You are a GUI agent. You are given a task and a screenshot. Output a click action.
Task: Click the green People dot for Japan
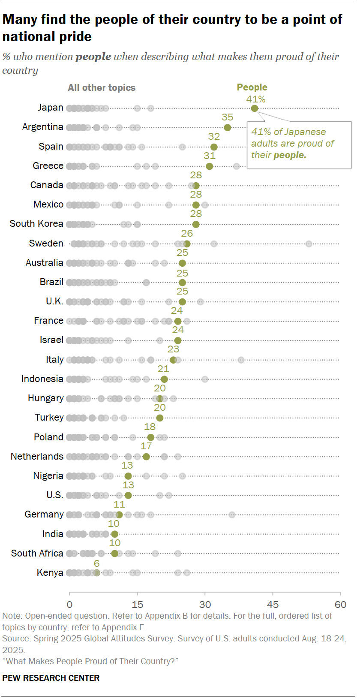(255, 108)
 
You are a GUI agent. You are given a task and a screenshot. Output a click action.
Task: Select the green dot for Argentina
(228, 127)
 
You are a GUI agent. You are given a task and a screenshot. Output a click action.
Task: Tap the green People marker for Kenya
(97, 573)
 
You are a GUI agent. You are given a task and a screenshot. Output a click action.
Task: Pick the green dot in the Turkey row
(160, 418)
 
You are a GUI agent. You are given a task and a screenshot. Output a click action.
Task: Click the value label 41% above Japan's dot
(255, 99)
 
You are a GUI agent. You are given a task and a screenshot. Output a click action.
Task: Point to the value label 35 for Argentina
(228, 117)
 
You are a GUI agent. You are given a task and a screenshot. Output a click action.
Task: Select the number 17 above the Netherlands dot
(146, 446)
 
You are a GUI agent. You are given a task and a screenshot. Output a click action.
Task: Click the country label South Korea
(36, 224)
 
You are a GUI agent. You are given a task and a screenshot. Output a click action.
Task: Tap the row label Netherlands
(37, 457)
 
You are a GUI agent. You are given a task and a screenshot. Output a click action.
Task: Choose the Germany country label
(44, 514)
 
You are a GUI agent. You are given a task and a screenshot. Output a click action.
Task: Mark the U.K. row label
(54, 301)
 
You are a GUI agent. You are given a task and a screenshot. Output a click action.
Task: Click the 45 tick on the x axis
(273, 605)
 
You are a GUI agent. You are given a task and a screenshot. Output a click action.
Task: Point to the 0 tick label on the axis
(70, 605)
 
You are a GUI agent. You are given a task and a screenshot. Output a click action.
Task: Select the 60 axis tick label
(340, 605)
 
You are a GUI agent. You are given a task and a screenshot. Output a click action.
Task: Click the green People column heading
(252, 87)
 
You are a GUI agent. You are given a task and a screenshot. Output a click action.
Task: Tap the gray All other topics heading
(102, 88)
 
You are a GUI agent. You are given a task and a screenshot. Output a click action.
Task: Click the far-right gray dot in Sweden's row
(309, 244)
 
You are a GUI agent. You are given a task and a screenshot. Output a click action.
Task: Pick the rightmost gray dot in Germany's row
(232, 514)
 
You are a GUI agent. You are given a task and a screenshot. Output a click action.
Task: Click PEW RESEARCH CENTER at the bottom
(51, 678)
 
